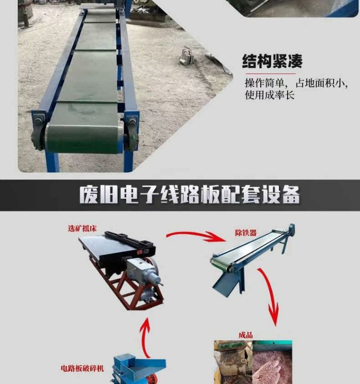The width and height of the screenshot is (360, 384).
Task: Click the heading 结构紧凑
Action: pyautogui.click(x=272, y=61)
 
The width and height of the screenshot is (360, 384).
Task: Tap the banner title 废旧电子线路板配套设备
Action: pyautogui.click(x=190, y=195)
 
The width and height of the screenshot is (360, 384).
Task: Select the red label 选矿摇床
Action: pyautogui.click(x=82, y=228)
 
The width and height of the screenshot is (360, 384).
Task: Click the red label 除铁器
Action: pyautogui.click(x=246, y=233)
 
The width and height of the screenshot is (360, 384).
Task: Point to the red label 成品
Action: pyautogui.click(x=246, y=335)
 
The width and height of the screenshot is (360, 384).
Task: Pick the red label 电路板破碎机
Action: pyautogui.click(x=82, y=368)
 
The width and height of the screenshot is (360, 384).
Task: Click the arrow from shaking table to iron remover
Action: pyautogui.click(x=196, y=236)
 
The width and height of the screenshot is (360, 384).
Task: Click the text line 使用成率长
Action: pyautogui.click(x=270, y=95)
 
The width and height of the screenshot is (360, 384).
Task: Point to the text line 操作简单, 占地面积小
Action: pyautogui.click(x=296, y=83)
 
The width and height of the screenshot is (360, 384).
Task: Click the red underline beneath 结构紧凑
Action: pyautogui.click(x=270, y=73)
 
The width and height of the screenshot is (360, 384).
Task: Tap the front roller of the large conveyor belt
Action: pyautogui.click(x=83, y=138)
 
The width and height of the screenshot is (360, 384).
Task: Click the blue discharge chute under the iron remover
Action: pyautogui.click(x=227, y=283)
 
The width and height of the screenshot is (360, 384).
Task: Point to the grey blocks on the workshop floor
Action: pyautogui.click(x=187, y=57)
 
